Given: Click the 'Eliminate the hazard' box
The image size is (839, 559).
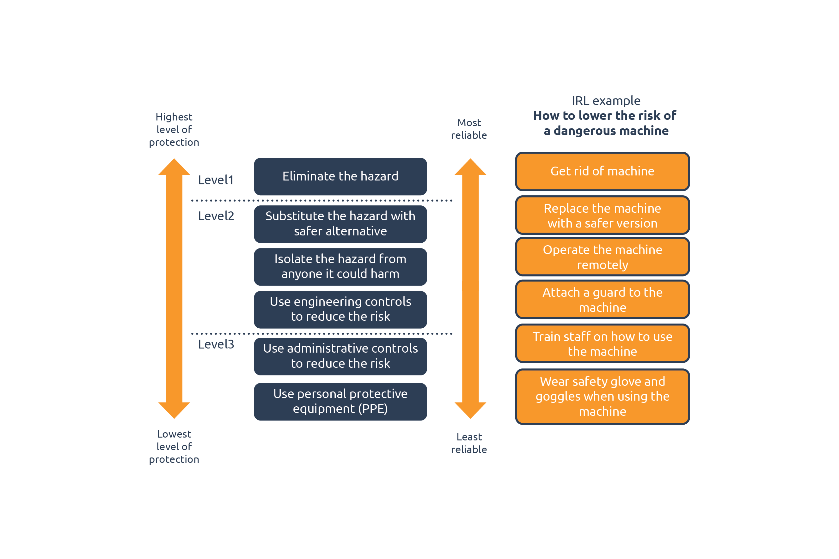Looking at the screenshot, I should pos(340,177).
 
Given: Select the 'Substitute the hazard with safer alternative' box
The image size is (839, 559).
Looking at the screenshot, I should pos(340,224).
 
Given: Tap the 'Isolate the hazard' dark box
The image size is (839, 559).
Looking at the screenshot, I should pos(340,267).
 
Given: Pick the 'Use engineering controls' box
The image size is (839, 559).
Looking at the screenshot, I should pos(340,309).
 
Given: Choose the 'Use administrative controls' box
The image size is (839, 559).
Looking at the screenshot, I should pos(340,356).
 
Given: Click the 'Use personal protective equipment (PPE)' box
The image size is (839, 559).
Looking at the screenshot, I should pos(340,401).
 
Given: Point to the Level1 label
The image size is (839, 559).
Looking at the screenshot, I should pos(216,180).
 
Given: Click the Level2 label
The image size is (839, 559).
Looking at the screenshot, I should pos(216,216).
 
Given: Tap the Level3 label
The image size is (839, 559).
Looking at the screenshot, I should pos(216,344).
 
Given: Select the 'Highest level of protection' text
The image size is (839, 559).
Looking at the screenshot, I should pos(174,129).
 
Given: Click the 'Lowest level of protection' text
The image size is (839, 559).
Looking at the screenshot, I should pos(174,447).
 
